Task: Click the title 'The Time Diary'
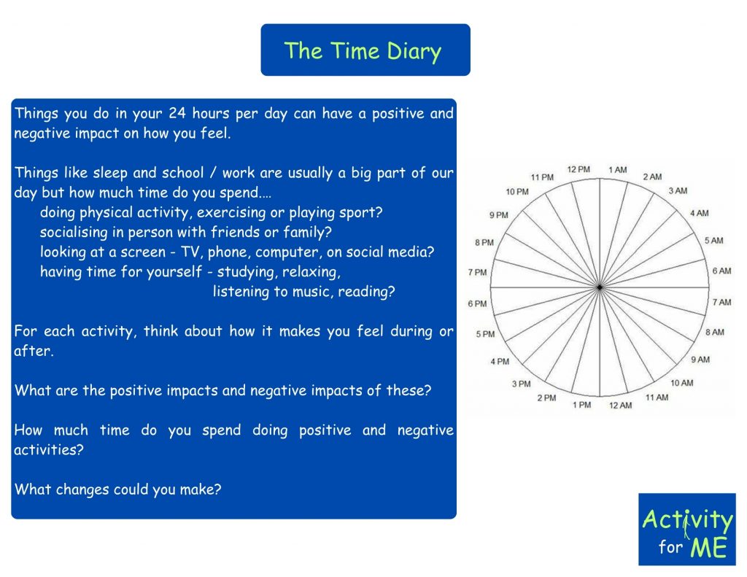pyautogui.click(x=363, y=51)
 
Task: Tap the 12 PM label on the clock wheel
pyautogui.click(x=578, y=169)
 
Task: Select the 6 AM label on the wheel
pyautogui.click(x=721, y=271)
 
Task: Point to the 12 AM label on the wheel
pyautogui.click(x=620, y=405)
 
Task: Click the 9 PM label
pyautogui.click(x=498, y=215)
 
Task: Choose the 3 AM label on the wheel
pyautogui.click(x=678, y=190)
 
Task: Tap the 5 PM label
pyautogui.click(x=485, y=334)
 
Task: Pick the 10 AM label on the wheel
pyautogui.click(x=682, y=383)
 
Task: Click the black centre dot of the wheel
pyautogui.click(x=600, y=287)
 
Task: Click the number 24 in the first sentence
pyautogui.click(x=177, y=113)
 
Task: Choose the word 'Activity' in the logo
pyautogui.click(x=687, y=519)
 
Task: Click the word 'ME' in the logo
pyautogui.click(x=709, y=547)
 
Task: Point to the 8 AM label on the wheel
pyautogui.click(x=715, y=332)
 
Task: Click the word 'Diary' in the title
pyautogui.click(x=414, y=52)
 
